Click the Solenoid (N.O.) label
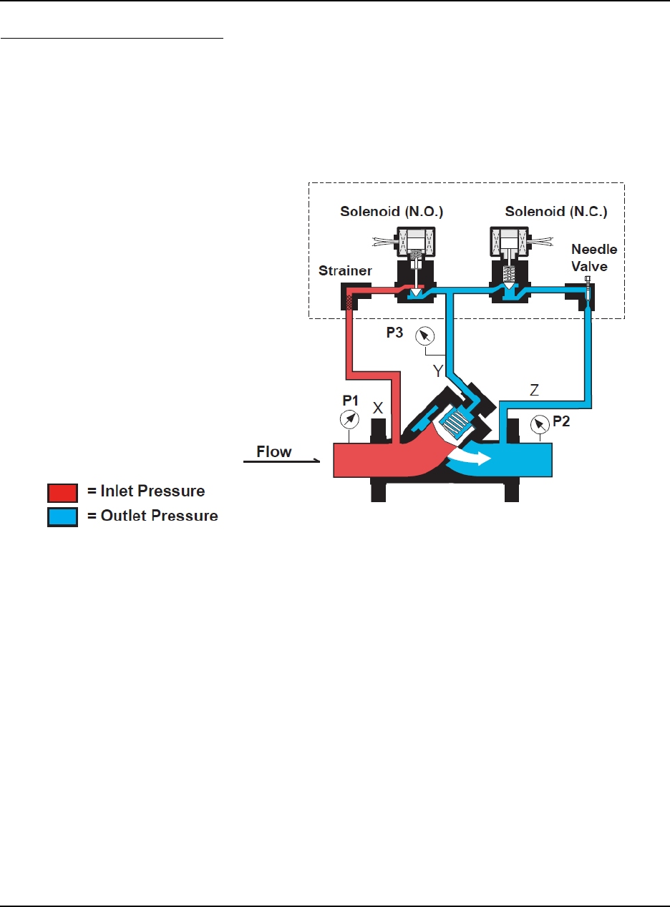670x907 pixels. tap(401, 212)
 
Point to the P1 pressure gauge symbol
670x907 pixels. tap(349, 418)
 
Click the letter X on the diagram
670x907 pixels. tap(379, 408)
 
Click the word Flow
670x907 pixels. tap(275, 452)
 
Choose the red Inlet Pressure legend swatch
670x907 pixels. tap(62, 492)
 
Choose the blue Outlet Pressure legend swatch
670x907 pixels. tap(62, 516)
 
